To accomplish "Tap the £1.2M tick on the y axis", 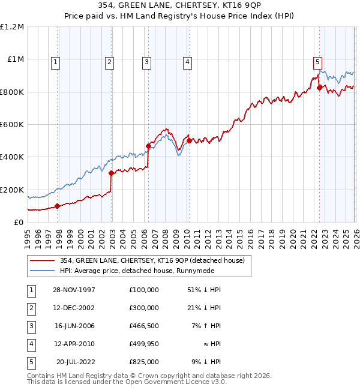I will (12, 27).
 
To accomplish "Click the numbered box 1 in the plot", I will (55, 61).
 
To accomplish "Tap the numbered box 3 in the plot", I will (146, 61).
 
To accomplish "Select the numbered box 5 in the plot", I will (317, 61).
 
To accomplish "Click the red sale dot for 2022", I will (319, 88).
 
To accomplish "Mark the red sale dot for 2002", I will (112, 173).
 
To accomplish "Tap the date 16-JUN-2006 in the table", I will (74, 326).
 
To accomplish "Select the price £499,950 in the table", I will (143, 344).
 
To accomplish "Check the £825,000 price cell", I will (143, 362).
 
